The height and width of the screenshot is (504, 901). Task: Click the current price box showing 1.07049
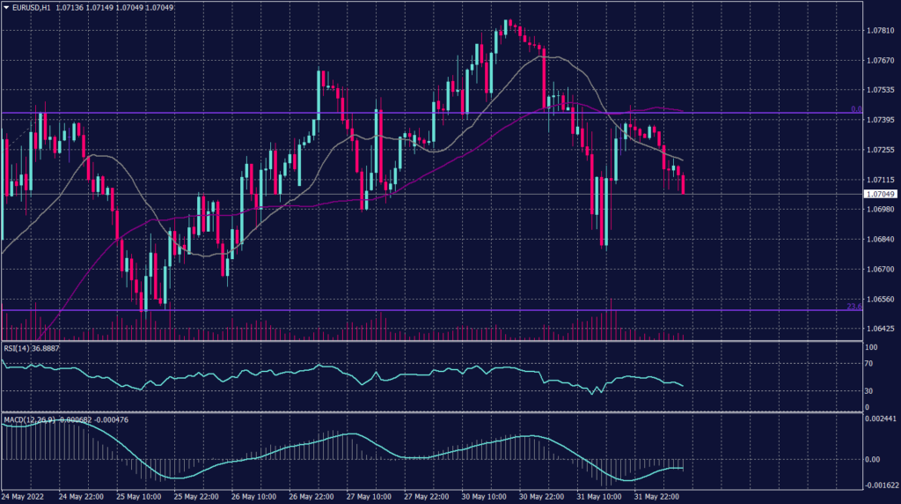(x=880, y=194)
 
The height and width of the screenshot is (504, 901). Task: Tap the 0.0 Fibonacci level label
(x=855, y=109)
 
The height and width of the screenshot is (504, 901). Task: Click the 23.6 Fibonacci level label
(x=853, y=306)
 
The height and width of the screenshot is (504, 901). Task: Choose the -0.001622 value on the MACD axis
(x=880, y=485)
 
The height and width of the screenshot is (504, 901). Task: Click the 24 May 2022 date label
(x=25, y=497)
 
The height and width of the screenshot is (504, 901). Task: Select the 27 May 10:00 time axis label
(x=368, y=497)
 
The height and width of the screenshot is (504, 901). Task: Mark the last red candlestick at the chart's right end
(x=683, y=185)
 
